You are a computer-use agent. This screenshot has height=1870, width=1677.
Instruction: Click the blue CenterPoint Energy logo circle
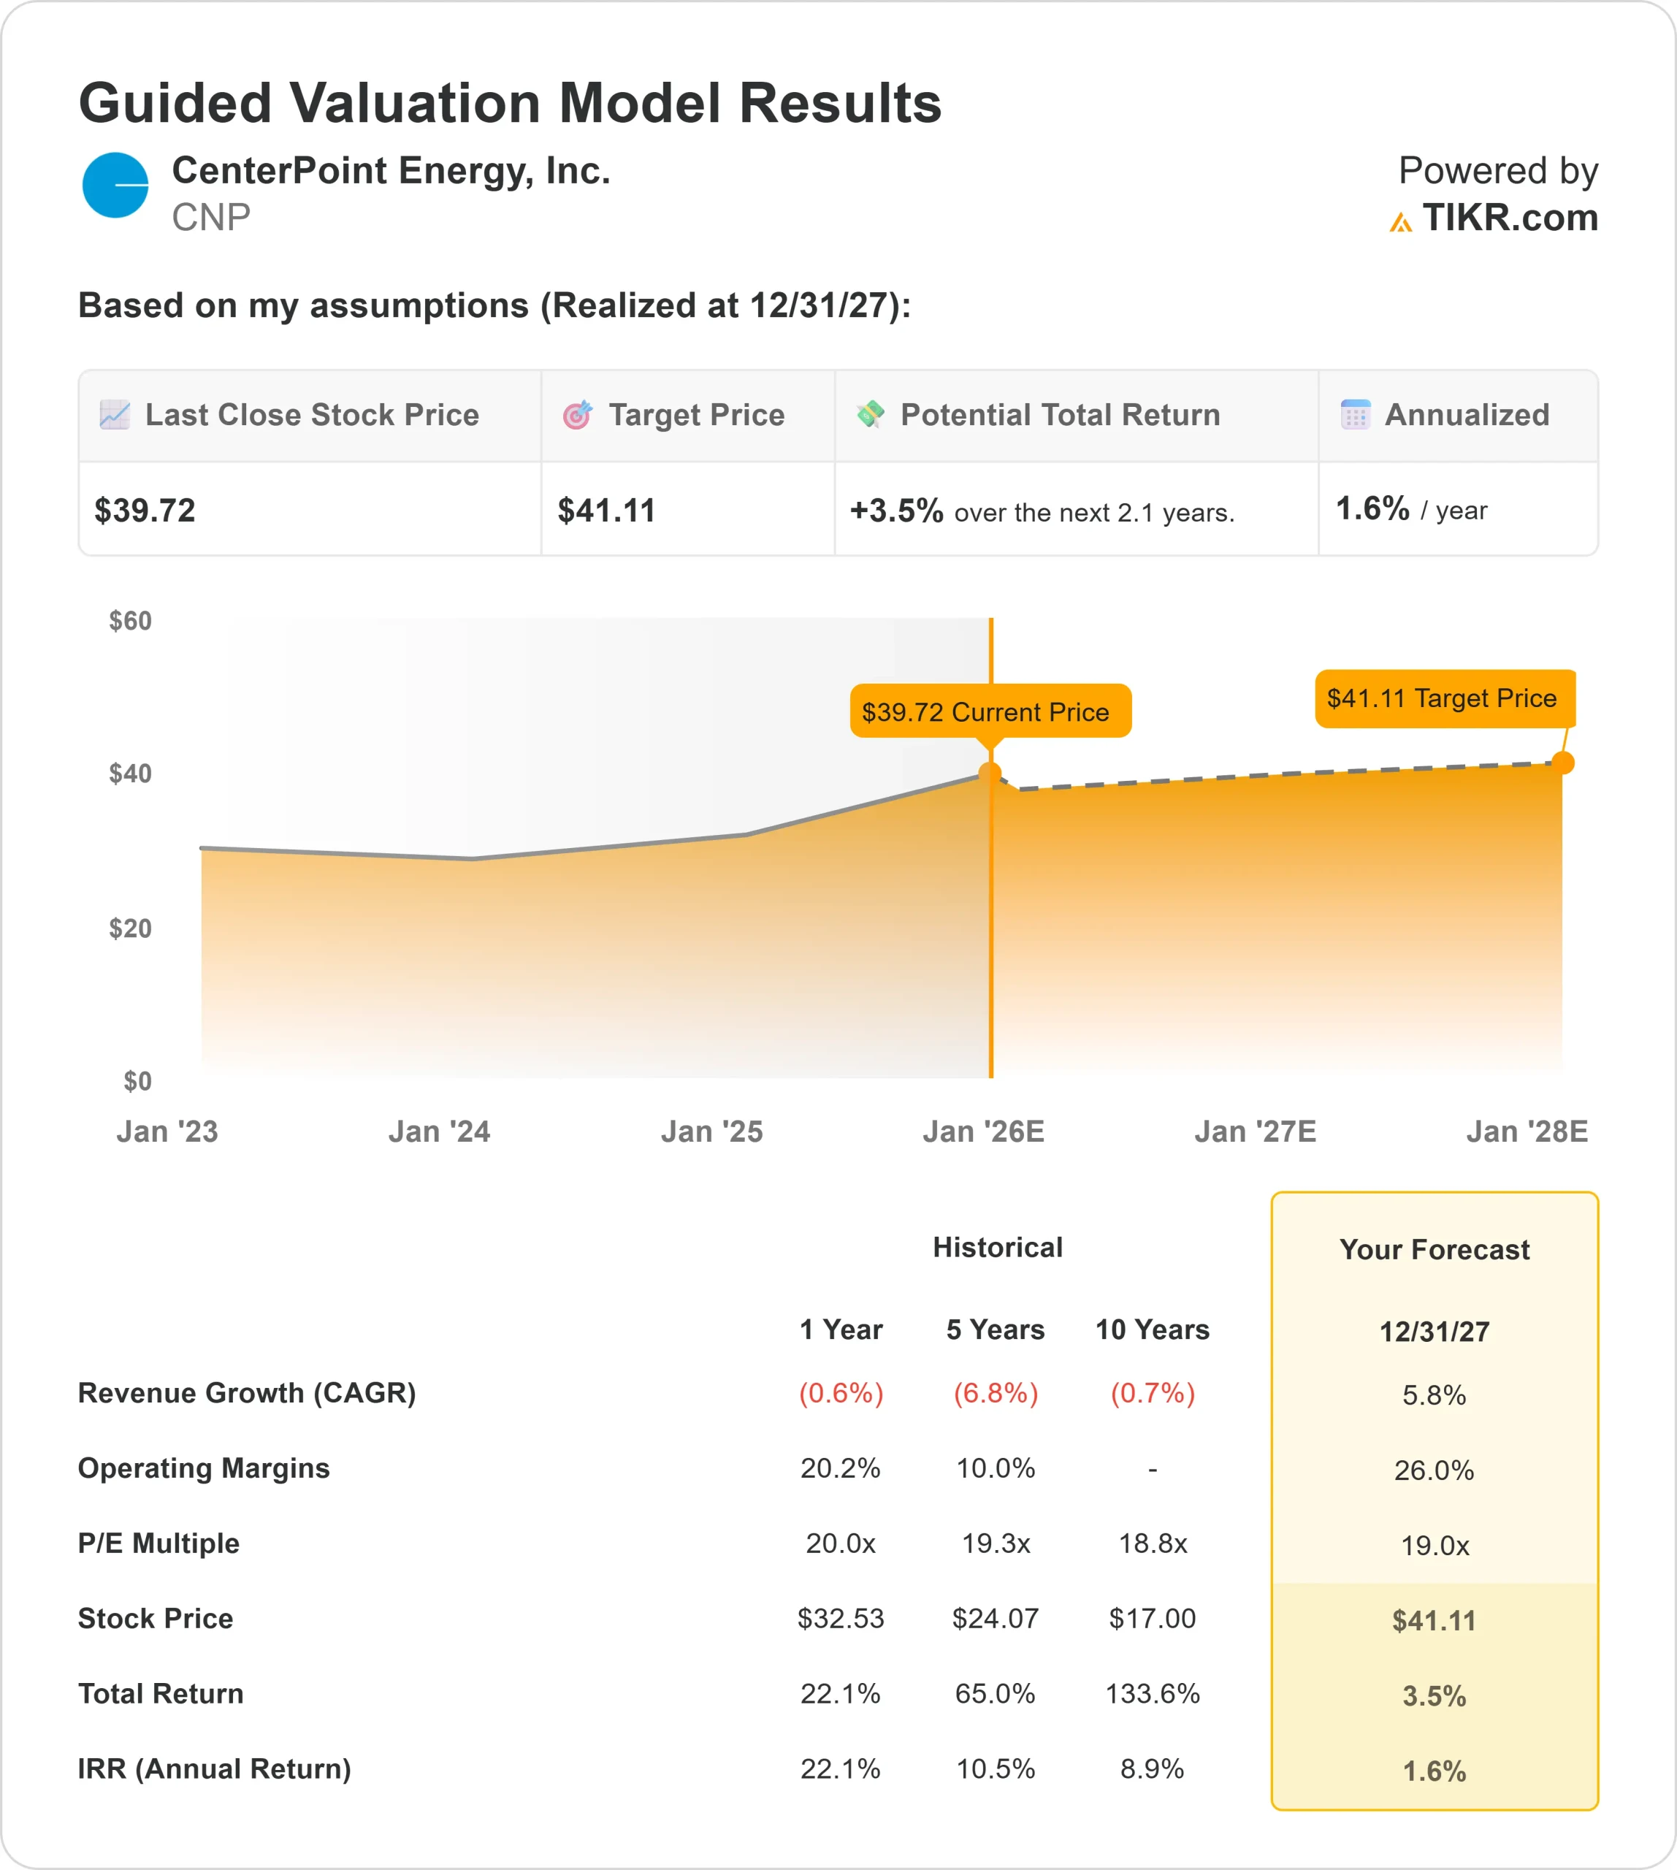(x=115, y=186)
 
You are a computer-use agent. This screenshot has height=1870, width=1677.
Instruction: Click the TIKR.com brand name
(x=1509, y=218)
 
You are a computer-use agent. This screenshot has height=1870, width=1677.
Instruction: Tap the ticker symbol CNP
(x=211, y=218)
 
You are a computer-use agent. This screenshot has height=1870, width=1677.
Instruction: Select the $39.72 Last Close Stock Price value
(x=145, y=511)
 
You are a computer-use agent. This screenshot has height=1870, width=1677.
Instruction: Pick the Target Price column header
(x=695, y=416)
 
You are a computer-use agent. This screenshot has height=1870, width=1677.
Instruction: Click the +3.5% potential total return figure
(x=895, y=511)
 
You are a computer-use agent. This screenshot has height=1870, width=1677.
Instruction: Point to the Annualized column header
(x=1466, y=416)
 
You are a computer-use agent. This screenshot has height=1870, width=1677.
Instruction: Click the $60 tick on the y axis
(x=130, y=621)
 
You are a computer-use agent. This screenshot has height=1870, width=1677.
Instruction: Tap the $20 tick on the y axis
(x=130, y=928)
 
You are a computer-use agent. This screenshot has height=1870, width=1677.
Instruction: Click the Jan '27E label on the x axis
(x=1255, y=1131)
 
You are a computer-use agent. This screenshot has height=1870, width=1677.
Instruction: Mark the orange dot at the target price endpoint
(x=1563, y=763)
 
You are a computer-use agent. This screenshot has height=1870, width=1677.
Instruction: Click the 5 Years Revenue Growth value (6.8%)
(x=995, y=1394)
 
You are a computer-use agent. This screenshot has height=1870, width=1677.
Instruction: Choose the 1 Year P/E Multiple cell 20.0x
(x=841, y=1543)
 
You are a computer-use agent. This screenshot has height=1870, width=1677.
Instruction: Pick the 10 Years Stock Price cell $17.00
(x=1152, y=1619)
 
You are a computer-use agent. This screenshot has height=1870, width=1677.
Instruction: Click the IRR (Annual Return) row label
(x=215, y=1769)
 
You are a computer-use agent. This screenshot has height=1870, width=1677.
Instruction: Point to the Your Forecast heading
(x=1434, y=1251)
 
